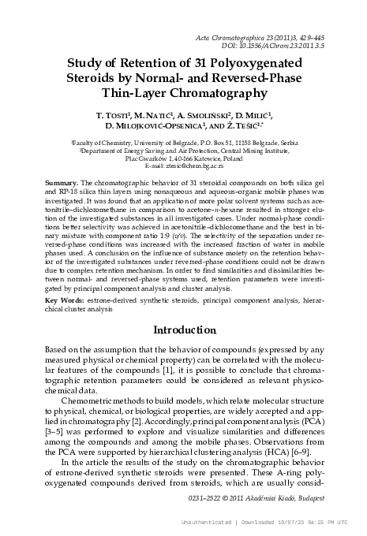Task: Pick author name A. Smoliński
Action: (x=229, y=117)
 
